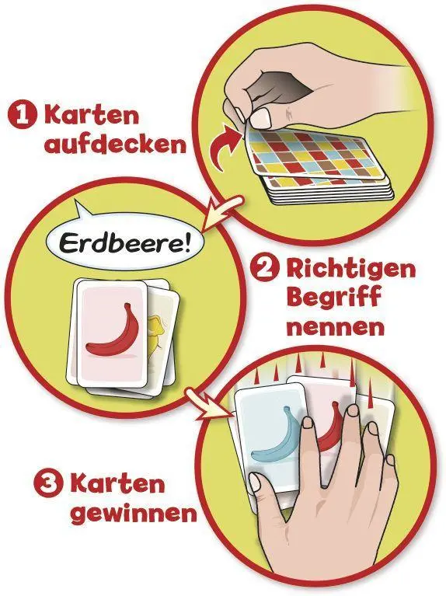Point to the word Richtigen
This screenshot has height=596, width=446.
click(351, 270)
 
